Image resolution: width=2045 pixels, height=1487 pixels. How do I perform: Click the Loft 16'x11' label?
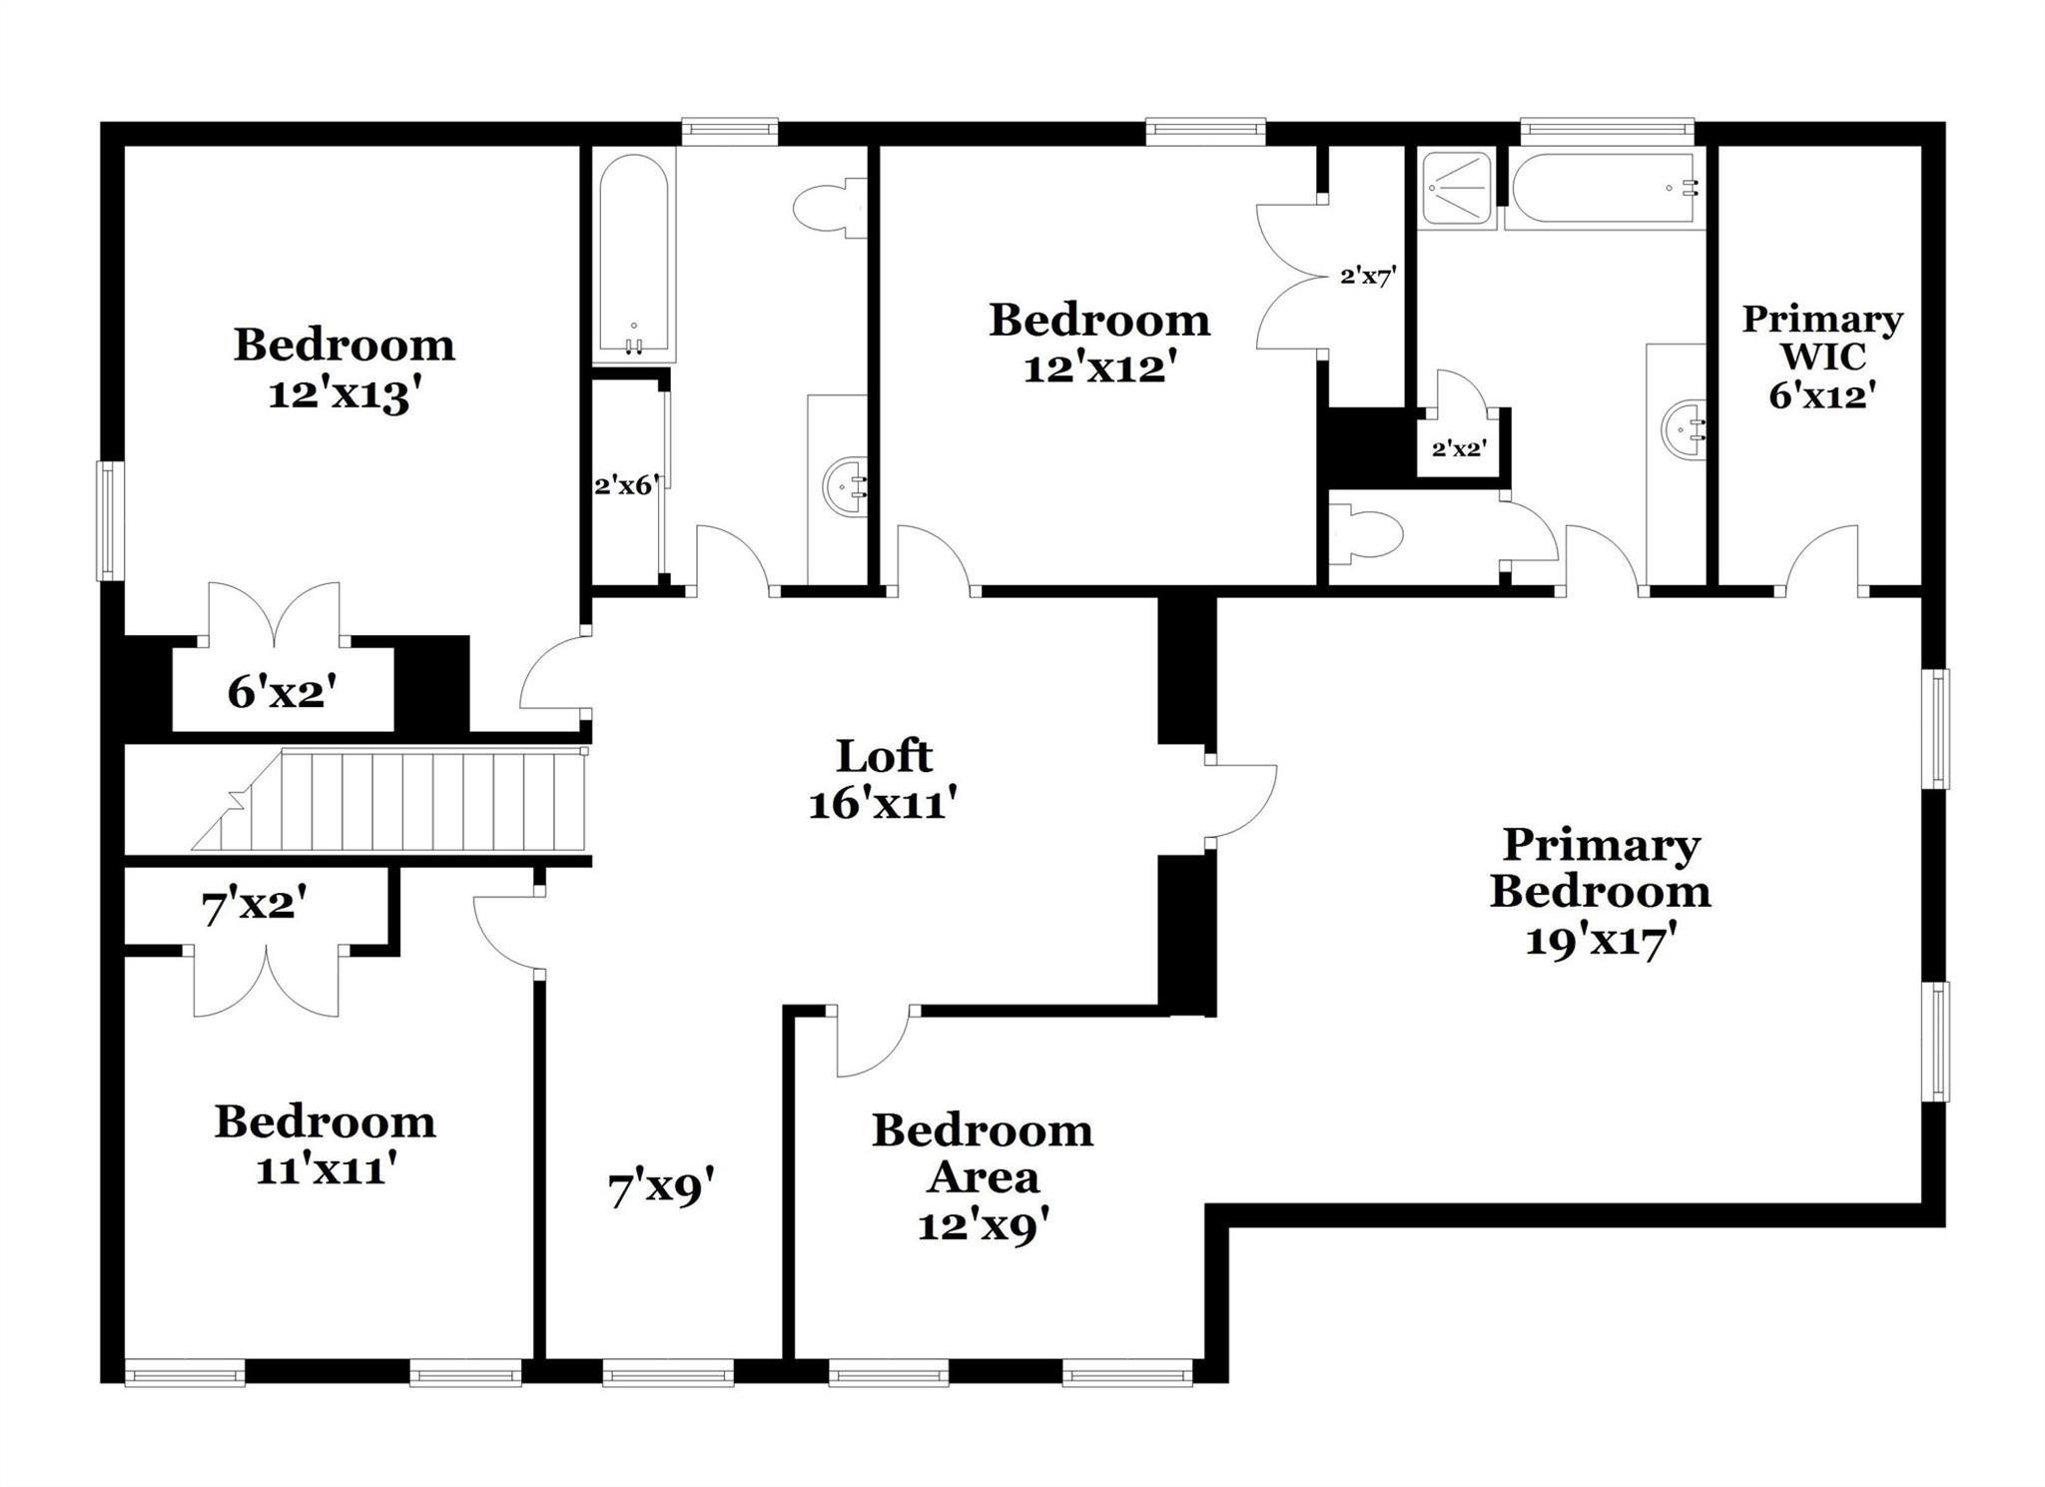pyautogui.click(x=884, y=780)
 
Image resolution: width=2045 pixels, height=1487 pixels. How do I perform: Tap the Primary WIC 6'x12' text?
pyautogui.click(x=1821, y=357)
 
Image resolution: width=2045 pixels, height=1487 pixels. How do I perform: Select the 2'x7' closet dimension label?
pyautogui.click(x=1366, y=276)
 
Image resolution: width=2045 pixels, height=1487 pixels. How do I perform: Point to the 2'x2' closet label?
pyautogui.click(x=1459, y=449)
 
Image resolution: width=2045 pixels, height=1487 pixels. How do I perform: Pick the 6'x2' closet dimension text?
pyautogui.click(x=277, y=691)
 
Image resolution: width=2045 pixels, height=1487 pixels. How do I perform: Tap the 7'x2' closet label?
pyautogui.click(x=254, y=908)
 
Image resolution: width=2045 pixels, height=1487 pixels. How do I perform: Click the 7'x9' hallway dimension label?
pyautogui.click(x=661, y=1189)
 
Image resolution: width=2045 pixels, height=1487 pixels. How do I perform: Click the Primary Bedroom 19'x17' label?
pyautogui.click(x=1600, y=891)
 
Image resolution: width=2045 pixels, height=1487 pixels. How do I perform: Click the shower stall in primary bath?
pyautogui.click(x=1458, y=188)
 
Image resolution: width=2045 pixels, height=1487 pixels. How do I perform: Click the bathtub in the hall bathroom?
pyautogui.click(x=633, y=255)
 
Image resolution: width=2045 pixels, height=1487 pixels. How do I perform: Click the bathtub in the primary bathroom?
pyautogui.click(x=1604, y=188)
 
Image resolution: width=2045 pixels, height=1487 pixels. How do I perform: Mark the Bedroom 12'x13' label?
pyautogui.click(x=343, y=369)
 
